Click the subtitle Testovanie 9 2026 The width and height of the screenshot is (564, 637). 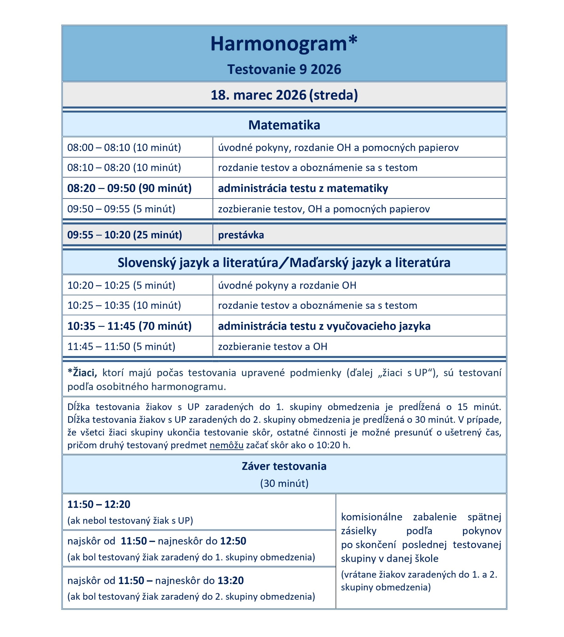284,69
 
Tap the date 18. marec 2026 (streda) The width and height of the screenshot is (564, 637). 284,95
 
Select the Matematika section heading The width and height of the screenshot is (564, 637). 284,125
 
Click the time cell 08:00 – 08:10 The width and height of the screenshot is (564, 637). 124,148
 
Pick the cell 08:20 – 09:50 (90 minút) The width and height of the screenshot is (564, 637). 129,188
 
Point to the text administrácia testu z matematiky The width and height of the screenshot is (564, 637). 303,188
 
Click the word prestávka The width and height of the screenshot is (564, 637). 241,235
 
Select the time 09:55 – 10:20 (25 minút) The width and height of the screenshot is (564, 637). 125,235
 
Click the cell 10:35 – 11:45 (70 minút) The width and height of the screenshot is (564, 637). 129,326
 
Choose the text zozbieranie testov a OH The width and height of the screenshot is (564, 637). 272,346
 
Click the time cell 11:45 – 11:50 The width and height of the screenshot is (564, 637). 121,346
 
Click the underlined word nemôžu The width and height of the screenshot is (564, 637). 226,445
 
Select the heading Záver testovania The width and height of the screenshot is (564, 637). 284,466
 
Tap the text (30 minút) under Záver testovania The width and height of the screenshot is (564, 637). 284,483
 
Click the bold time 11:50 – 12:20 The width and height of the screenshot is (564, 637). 99,504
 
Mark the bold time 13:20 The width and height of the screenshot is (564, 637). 230,580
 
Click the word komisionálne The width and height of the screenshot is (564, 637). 371,517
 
